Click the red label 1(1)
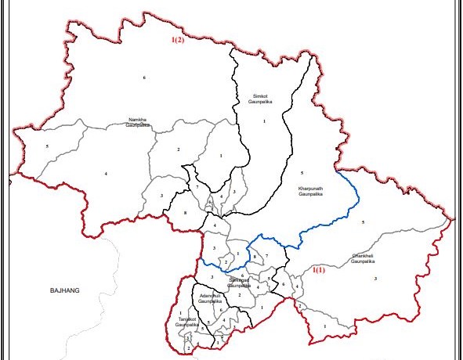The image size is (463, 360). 319,270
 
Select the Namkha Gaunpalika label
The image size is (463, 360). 138,122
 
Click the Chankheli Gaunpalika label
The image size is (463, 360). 366,257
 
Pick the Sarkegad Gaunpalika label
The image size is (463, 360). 243,282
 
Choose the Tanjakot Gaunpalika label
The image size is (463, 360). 186,322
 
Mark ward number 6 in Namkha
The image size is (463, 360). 144,77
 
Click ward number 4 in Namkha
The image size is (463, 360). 105,173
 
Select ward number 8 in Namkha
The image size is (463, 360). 185,213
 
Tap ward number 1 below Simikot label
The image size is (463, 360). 265,121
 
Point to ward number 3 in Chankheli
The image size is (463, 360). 375,279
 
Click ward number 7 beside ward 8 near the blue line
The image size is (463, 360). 266,257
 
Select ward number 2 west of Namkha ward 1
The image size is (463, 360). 179,149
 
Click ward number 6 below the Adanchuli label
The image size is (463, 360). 222,311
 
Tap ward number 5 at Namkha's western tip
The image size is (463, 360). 47,146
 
